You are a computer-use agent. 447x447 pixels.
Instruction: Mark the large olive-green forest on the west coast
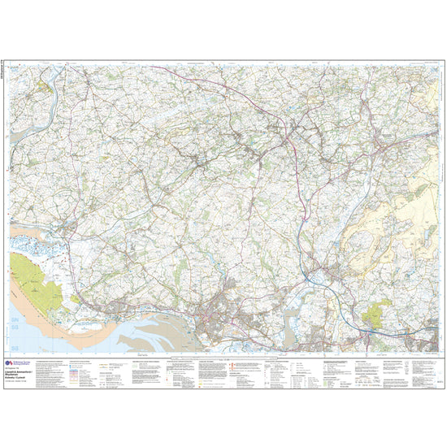pos(37,280)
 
